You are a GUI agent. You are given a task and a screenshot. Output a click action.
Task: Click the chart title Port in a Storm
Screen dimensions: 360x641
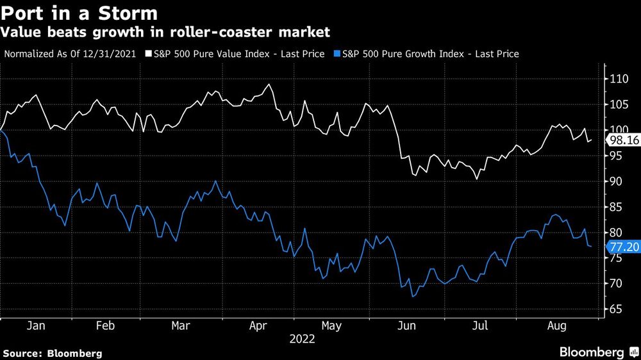[81, 13]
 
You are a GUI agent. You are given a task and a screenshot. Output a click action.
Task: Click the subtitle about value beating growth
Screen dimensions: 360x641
[167, 31]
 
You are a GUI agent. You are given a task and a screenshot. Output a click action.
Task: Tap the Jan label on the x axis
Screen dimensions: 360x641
[35, 326]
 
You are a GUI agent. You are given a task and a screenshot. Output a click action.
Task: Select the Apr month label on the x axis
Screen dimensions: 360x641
[258, 326]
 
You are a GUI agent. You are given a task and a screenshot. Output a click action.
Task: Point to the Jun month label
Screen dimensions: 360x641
[406, 326]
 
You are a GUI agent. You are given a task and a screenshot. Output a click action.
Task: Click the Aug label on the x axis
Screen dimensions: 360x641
[556, 326]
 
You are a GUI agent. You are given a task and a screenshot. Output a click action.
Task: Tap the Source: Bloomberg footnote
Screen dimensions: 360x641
[53, 353]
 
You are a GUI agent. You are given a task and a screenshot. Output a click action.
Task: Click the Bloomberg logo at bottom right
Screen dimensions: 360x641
[596, 352]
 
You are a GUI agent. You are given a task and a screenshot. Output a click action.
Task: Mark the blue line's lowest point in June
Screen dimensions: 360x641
[413, 297]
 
